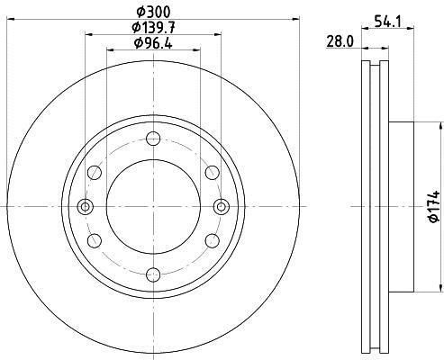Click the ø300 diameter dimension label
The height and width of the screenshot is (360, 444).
153,13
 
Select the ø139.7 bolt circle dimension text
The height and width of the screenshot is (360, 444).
153,28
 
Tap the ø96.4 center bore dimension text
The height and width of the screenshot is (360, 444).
153,43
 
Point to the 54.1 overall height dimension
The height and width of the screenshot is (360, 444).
387,22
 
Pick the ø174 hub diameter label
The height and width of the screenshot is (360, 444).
435,206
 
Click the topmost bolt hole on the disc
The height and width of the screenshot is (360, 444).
153,139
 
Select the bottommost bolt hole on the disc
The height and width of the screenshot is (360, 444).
153,274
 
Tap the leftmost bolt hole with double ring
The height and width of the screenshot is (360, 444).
86,207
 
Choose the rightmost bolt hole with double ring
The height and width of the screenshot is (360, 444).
222,207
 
